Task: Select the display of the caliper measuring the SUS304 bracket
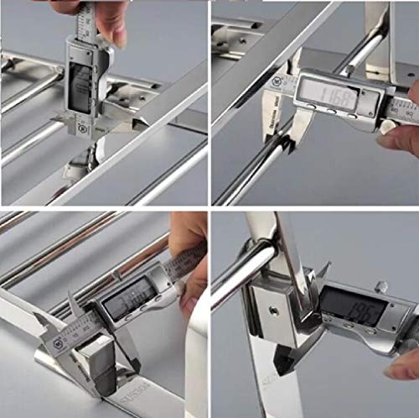(128, 296)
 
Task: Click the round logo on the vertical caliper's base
(82, 128)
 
